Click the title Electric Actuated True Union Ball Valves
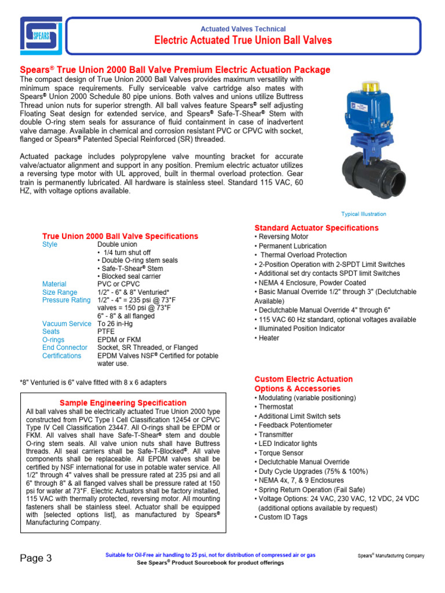click(243, 41)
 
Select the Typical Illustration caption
click(363, 214)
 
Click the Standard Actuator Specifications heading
click(316, 228)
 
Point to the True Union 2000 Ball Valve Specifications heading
click(120, 236)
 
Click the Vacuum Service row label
click(67, 324)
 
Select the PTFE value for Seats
click(106, 332)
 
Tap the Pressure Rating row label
click(67, 300)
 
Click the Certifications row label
click(62, 356)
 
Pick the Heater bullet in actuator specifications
click(268, 338)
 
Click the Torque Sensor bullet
click(281, 453)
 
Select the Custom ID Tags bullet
click(283, 517)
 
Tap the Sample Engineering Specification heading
click(123, 403)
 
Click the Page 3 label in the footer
click(36, 558)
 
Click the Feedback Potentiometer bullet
click(295, 425)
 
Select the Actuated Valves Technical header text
click(243, 29)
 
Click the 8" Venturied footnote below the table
click(93, 382)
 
